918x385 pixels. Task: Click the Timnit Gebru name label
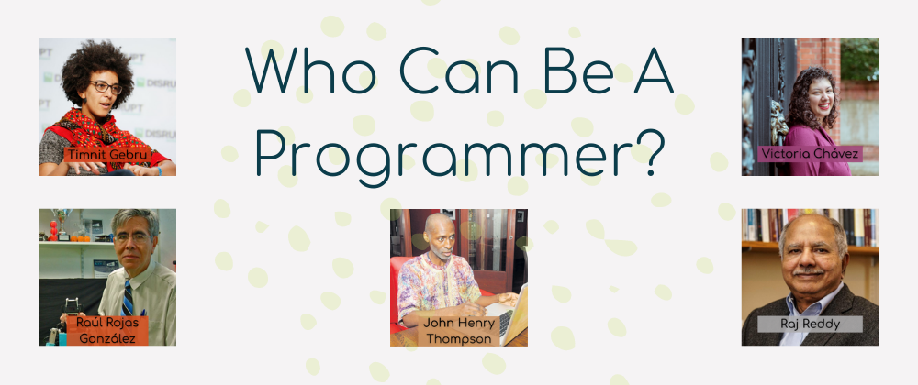click(x=107, y=155)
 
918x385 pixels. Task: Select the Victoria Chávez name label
click(x=811, y=154)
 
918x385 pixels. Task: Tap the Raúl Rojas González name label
click(x=107, y=331)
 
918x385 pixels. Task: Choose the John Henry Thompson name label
click(x=459, y=331)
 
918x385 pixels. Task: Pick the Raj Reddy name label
click(x=810, y=324)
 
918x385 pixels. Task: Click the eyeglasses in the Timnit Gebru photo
click(x=106, y=88)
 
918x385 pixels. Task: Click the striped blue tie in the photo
click(x=128, y=299)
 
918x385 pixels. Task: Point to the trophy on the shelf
click(x=61, y=224)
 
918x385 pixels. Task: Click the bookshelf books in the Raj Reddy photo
click(x=810, y=227)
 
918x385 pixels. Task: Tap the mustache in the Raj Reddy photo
click(x=808, y=271)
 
